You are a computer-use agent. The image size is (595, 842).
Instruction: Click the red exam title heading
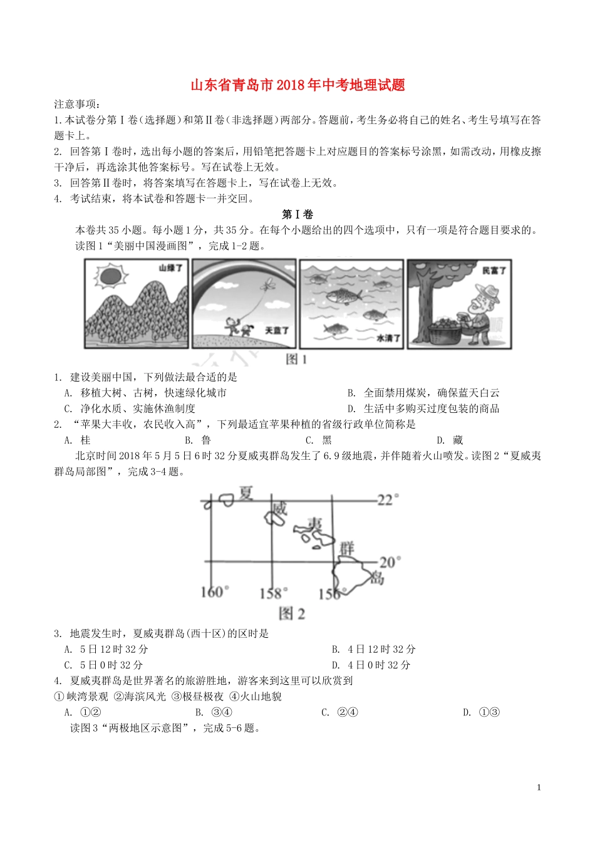click(x=297, y=85)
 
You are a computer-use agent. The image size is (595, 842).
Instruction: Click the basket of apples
click(x=444, y=331)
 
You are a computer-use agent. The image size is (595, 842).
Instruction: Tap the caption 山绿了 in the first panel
click(x=170, y=268)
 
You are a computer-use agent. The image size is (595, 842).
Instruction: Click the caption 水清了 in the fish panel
click(x=388, y=338)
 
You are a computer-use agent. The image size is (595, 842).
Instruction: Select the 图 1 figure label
click(x=296, y=360)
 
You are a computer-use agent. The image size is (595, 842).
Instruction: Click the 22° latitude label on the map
click(x=388, y=501)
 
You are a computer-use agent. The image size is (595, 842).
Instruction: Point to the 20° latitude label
click(x=390, y=563)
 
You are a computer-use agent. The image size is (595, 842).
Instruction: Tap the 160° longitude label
click(x=214, y=592)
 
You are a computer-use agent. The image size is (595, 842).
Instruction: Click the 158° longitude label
click(x=274, y=593)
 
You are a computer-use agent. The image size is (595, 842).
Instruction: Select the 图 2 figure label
click(x=292, y=614)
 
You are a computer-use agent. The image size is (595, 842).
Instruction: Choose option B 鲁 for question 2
click(x=198, y=440)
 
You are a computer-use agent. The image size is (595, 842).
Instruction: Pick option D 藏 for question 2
click(x=450, y=440)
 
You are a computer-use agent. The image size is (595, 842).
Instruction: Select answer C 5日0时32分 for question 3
click(x=103, y=665)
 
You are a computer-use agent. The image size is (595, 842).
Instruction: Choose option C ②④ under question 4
click(x=339, y=712)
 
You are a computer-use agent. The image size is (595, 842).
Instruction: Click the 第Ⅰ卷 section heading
click(x=297, y=214)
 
